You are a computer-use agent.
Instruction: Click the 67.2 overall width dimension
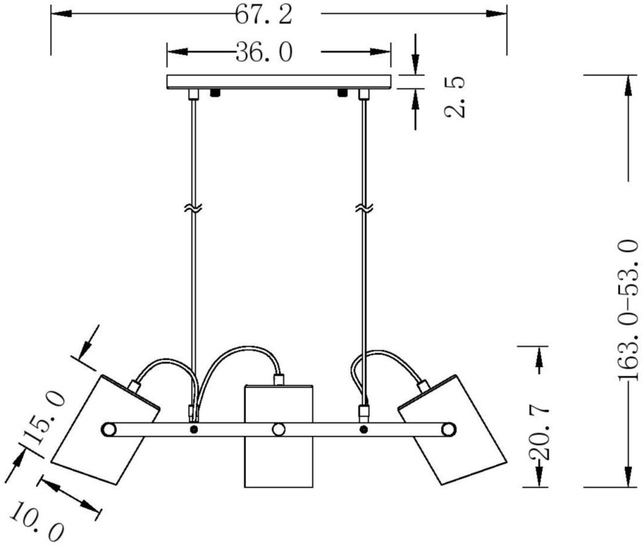pos(264,15)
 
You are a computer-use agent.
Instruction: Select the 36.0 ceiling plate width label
pos(264,52)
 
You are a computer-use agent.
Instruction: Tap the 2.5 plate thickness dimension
pos(455,96)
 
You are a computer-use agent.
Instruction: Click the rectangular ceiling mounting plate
pos(278,82)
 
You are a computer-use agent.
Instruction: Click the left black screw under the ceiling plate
pos(214,92)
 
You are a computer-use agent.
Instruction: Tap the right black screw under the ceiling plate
pos(342,92)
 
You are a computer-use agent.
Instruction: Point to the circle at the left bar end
pos(108,430)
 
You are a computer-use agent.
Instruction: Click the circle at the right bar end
pos(449,430)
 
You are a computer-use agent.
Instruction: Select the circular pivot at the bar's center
pos(279,430)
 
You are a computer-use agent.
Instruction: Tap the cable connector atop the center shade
pos(278,379)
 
